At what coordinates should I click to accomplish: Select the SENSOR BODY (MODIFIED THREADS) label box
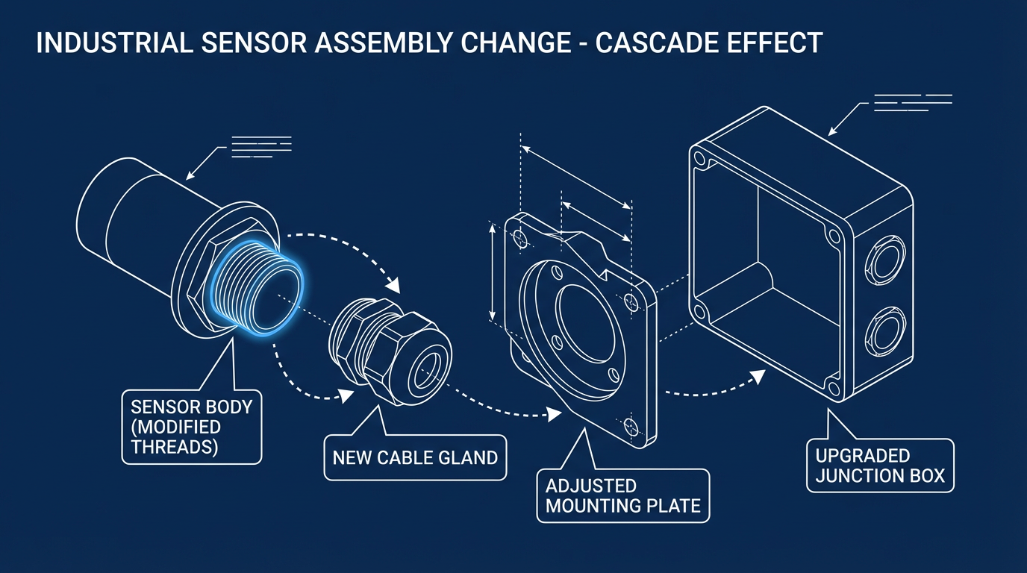pyautogui.click(x=191, y=427)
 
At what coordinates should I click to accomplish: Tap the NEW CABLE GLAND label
pyautogui.click(x=415, y=457)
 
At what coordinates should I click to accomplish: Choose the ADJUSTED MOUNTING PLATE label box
pyautogui.click(x=622, y=495)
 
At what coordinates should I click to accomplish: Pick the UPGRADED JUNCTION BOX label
pyautogui.click(x=880, y=466)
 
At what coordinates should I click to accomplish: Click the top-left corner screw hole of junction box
pyautogui.click(x=699, y=158)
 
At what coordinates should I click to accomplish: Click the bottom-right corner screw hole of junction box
pyautogui.click(x=833, y=387)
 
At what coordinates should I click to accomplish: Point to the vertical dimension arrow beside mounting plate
pyautogui.click(x=493, y=272)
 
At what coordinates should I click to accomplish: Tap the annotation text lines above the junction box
pyautogui.click(x=912, y=103)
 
